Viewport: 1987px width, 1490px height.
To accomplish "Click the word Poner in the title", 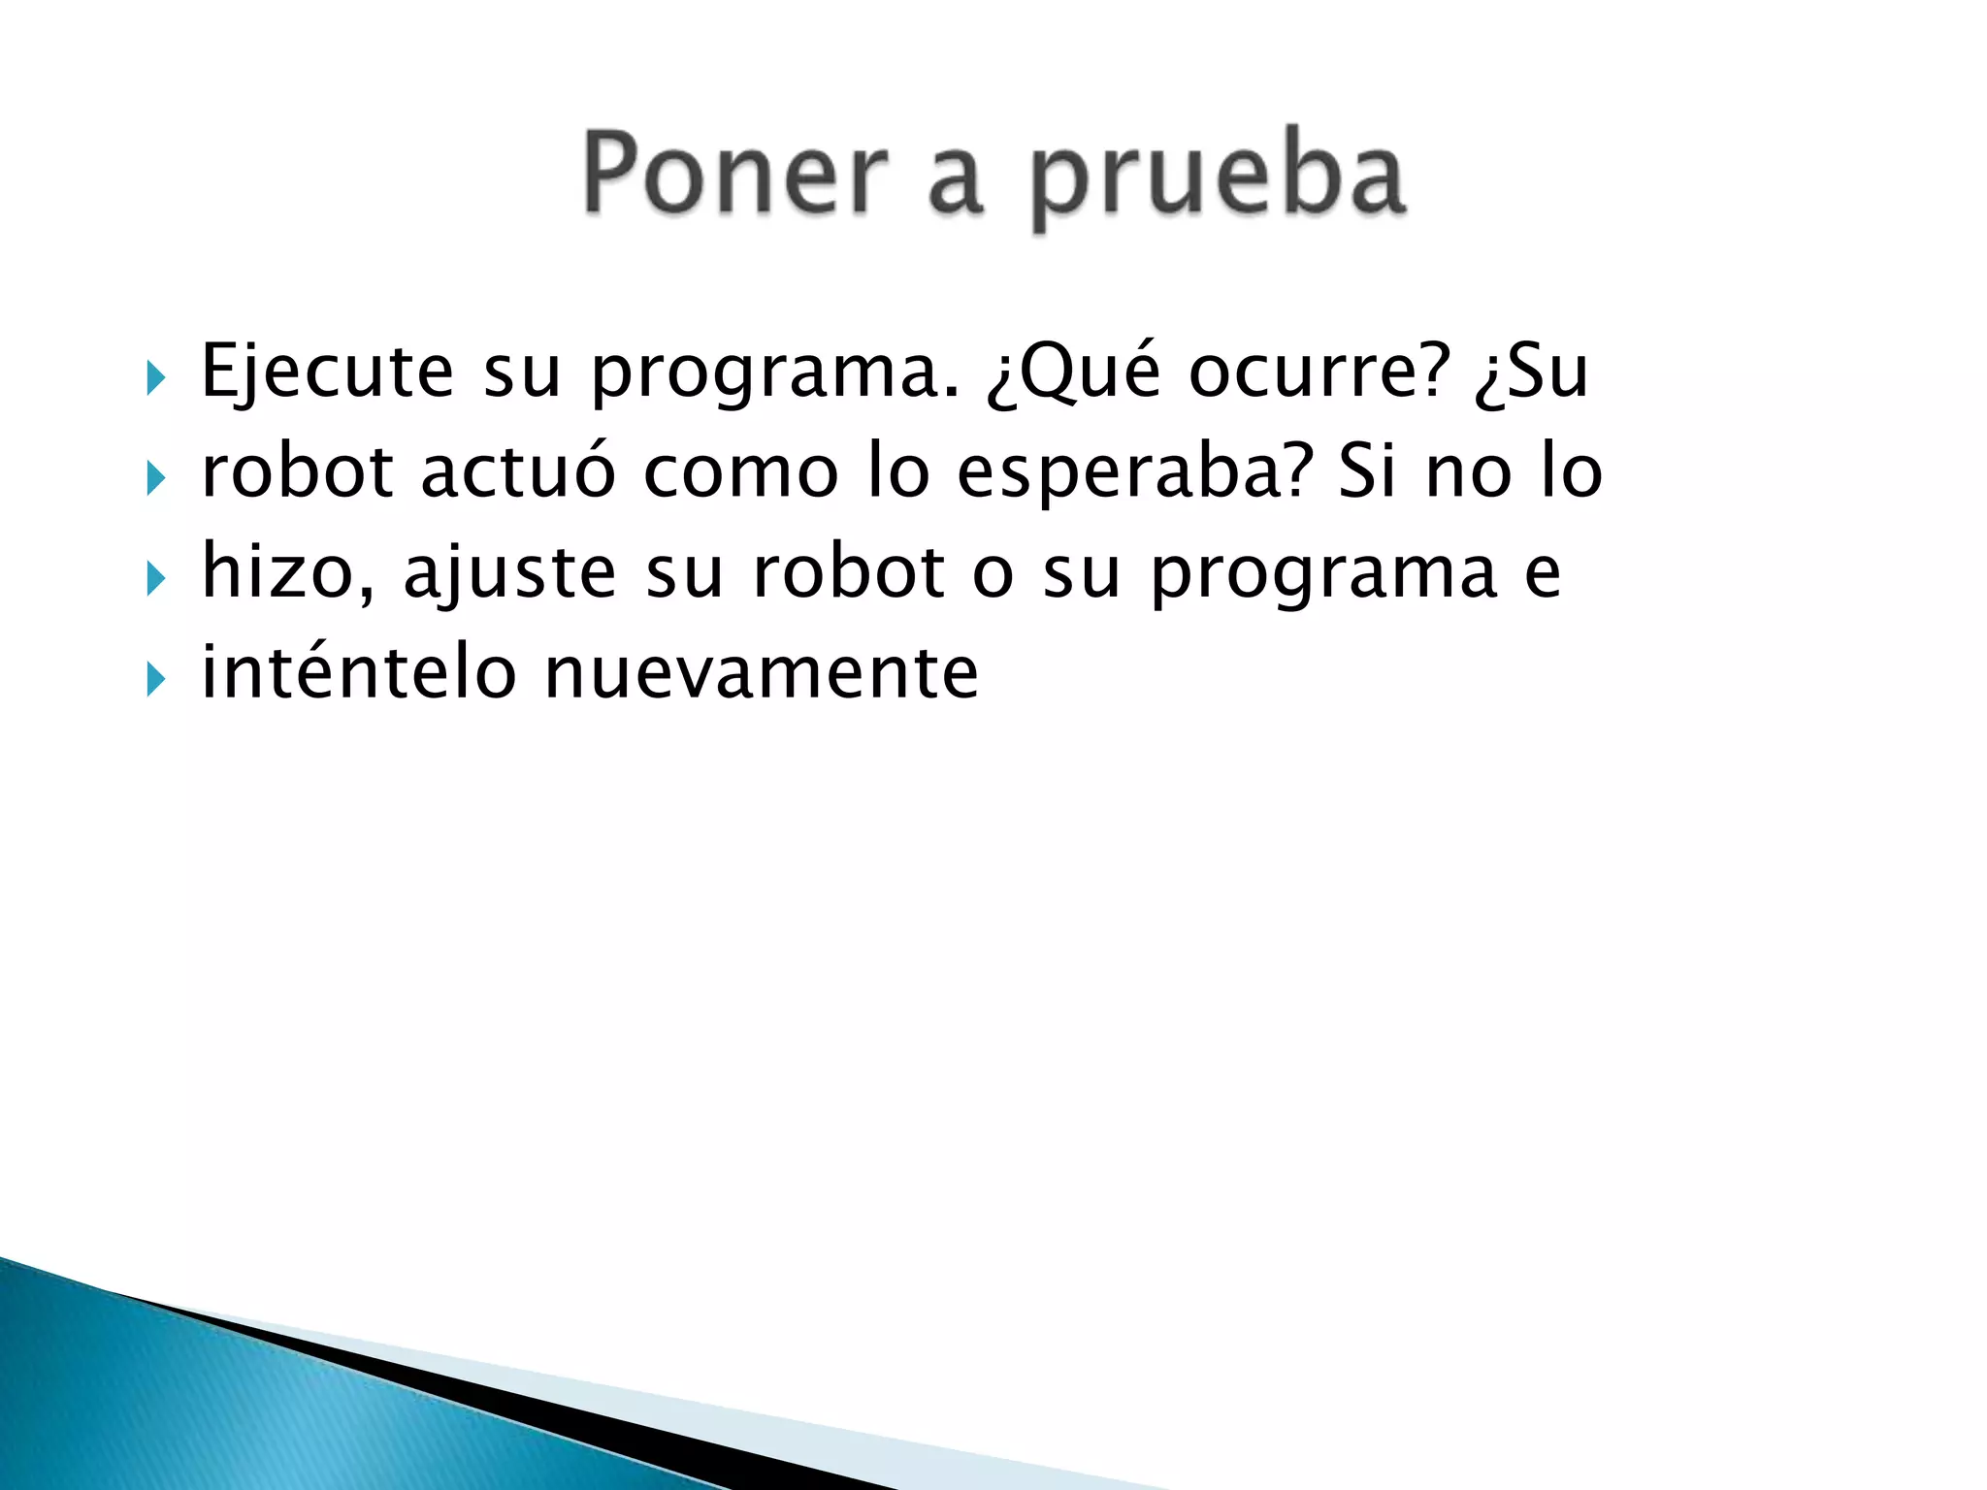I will tap(735, 175).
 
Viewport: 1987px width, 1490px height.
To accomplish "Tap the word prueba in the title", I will tap(1218, 180).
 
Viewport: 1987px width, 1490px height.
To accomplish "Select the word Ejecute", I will tap(327, 372).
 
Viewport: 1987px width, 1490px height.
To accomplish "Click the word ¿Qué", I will tap(1073, 372).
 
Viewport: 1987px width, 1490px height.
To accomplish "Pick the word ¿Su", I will tap(1531, 372).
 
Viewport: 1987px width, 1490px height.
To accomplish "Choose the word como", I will tap(741, 472).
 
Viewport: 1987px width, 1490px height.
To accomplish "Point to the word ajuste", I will tap(509, 574).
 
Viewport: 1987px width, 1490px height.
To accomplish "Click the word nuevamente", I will tap(762, 673).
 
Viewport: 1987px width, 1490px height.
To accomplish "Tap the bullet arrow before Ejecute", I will tap(156, 377).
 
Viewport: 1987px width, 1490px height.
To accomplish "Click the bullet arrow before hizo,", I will tap(156, 579).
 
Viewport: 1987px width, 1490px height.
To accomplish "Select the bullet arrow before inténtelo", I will tap(156, 679).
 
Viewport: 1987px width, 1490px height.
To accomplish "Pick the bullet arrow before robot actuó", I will tap(156, 478).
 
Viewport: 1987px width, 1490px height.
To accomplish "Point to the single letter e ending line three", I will tap(1543, 574).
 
